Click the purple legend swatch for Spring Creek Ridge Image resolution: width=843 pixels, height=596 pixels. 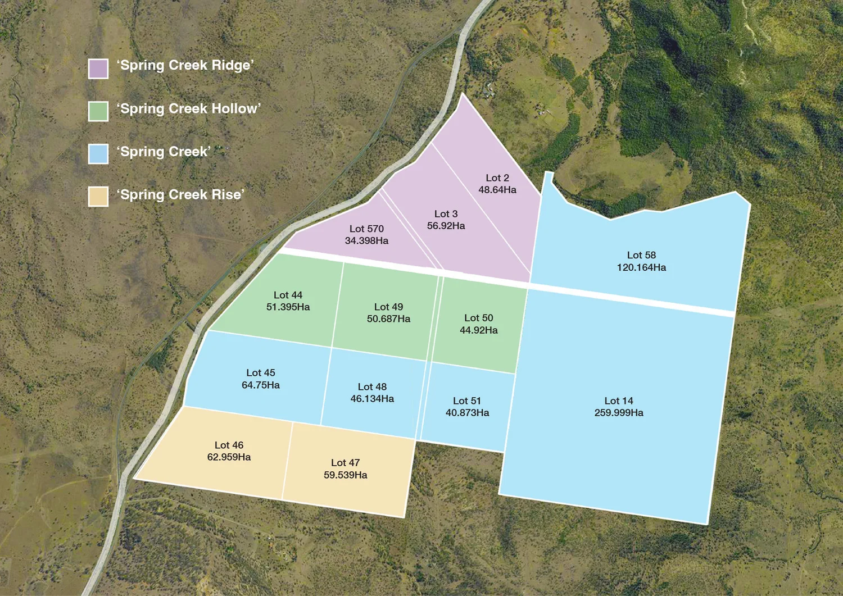[98, 69]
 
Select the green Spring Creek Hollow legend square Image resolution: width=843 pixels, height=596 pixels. [98, 111]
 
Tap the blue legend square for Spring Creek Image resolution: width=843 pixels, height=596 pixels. [98, 154]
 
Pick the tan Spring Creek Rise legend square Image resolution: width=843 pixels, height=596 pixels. [98, 197]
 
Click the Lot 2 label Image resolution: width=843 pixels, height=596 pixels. [497, 178]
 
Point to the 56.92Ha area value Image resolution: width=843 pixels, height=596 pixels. [446, 226]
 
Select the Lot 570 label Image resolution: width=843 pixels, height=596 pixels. [366, 229]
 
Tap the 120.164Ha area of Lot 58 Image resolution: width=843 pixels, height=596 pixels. [641, 267]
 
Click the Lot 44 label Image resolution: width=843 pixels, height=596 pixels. [288, 295]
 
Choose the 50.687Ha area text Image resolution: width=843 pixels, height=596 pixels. [388, 319]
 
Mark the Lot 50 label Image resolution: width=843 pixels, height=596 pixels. [478, 318]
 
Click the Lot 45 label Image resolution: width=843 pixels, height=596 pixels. [261, 373]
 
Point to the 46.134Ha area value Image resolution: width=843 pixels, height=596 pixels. [372, 399]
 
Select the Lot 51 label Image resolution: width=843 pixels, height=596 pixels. [467, 401]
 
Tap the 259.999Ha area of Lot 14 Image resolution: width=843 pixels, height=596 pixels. [619, 413]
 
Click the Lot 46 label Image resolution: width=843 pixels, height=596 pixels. [229, 445]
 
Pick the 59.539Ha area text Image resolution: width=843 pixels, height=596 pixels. [345, 475]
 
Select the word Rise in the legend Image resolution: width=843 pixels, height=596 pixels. [227, 194]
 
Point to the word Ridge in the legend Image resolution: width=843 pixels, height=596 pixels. [231, 66]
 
